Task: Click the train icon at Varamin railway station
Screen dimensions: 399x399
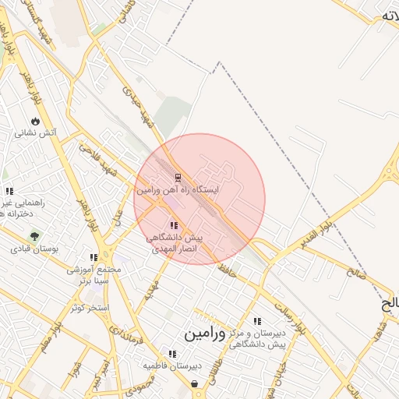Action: click(178, 178)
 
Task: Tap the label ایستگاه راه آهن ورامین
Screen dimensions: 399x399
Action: click(178, 190)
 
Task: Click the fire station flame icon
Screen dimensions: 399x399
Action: click(35, 121)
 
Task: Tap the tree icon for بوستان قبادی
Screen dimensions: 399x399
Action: click(34, 235)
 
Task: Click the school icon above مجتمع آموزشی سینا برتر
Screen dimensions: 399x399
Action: click(94, 257)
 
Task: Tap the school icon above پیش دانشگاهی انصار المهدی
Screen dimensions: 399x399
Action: click(173, 225)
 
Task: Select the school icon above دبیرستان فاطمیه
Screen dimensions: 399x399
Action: click(172, 353)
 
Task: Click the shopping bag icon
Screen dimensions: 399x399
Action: click(194, 383)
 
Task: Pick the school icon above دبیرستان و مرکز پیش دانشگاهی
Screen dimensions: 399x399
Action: click(257, 321)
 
